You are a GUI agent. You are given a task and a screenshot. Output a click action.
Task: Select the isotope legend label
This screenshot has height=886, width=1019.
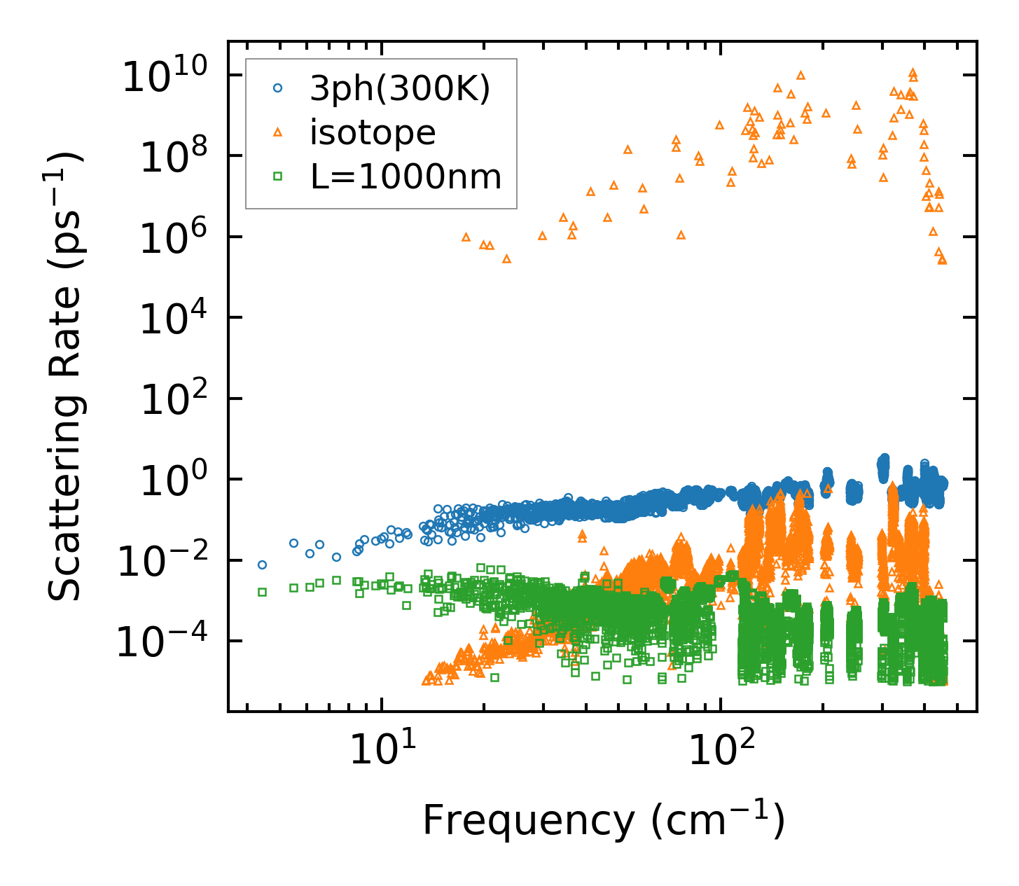coord(373,132)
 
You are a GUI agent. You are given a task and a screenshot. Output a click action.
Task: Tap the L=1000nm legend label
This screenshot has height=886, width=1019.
coord(406,177)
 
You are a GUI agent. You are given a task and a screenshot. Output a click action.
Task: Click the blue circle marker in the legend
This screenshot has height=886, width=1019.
coord(278,88)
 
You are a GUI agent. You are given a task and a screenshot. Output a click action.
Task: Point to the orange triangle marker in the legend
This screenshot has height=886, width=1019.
coord(278,132)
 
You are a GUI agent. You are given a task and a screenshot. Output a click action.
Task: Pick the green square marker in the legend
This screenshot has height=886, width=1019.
coord(278,177)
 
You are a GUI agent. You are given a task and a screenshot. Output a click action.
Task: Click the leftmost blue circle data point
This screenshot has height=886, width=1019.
coord(263,565)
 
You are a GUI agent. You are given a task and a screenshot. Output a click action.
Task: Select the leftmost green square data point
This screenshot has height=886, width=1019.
coord(263,592)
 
